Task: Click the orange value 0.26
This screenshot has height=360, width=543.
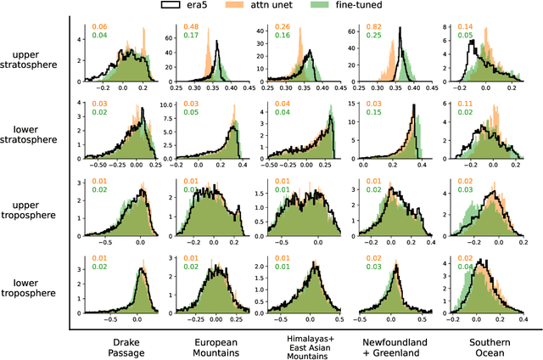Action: (278, 27)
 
